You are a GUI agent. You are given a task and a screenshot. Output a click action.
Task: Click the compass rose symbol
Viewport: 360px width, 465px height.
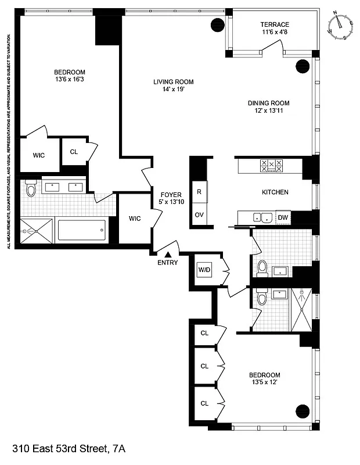342,25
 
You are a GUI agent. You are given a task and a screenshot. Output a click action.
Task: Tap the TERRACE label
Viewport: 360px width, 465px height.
275,24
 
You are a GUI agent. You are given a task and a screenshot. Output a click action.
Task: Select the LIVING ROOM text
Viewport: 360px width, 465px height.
173,82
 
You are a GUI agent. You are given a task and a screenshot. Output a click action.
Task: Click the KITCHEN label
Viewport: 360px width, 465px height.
275,192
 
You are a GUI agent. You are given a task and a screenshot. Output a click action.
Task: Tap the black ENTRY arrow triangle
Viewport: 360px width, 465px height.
168,254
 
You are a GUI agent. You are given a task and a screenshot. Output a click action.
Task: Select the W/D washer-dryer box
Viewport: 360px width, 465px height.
204,269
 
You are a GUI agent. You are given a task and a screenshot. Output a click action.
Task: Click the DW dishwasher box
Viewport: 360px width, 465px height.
283,218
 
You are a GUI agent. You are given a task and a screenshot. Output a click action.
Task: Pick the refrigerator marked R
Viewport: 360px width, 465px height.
199,191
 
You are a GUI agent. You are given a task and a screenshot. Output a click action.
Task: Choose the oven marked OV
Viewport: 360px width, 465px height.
199,214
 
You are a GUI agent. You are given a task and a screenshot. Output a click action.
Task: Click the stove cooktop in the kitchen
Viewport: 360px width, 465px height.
271,166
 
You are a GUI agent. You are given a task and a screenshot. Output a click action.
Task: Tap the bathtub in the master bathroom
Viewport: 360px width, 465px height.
81,231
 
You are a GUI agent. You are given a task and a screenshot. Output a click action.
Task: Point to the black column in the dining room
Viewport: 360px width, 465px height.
303,66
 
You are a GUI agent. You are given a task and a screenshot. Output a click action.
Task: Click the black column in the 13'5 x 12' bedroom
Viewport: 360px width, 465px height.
303,410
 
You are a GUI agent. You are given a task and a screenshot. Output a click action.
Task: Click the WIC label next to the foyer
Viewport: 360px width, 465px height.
135,219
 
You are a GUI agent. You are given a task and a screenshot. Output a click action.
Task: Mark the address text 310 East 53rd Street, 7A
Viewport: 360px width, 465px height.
69,449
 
